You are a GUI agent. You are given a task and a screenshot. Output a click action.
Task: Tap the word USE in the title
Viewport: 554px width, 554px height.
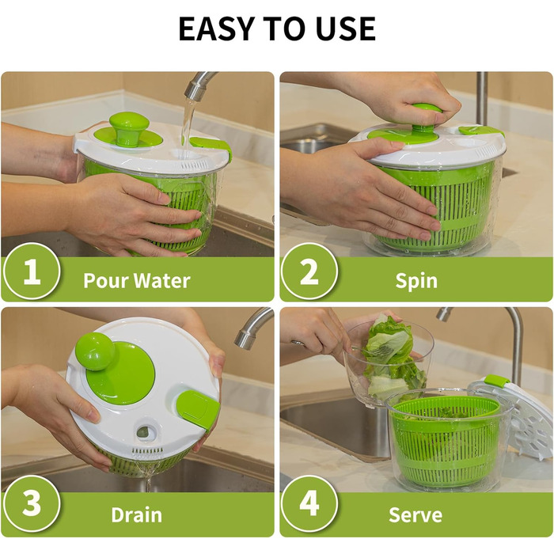point(345,28)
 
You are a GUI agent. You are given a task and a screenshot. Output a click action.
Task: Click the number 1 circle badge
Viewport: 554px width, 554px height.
point(31,271)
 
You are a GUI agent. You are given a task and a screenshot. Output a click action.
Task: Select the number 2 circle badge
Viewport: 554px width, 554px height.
point(309,271)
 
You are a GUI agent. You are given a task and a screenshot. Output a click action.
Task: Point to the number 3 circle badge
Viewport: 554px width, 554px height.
point(31,503)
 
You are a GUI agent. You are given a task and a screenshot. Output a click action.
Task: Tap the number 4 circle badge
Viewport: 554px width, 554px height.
point(309,503)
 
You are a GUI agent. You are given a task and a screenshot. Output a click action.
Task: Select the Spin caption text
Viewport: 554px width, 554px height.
point(416,281)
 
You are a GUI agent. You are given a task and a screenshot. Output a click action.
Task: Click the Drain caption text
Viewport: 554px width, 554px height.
point(137,514)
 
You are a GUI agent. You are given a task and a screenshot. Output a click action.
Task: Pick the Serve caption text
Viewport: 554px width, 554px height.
point(415,514)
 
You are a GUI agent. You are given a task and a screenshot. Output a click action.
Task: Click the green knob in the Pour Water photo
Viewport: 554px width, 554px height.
point(129,128)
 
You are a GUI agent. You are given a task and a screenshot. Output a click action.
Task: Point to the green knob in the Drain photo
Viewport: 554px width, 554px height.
point(95,351)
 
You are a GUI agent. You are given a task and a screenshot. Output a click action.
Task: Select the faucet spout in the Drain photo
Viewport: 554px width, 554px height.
point(253,328)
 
